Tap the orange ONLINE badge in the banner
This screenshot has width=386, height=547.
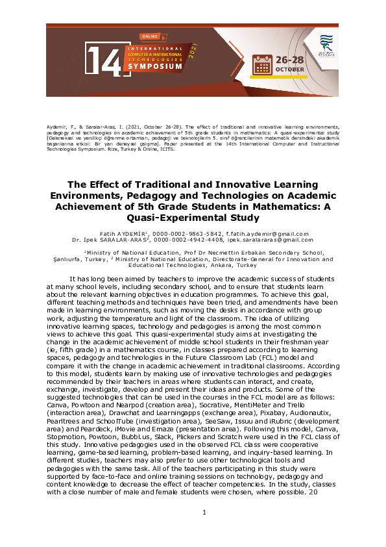150,37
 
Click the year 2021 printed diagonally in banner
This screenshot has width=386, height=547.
193,51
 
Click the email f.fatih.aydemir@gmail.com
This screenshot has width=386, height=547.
269,233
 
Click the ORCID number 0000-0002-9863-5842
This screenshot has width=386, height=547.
190,233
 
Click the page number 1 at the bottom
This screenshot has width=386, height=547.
204,513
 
